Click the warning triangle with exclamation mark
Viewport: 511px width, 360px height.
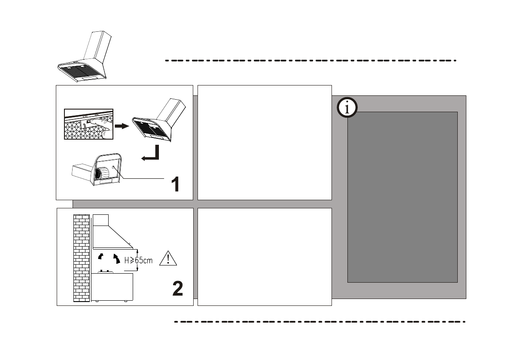coord(168,259)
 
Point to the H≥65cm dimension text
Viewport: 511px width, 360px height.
coord(138,260)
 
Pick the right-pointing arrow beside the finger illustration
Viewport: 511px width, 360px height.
coord(122,126)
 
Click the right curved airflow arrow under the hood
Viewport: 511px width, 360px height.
coord(116,259)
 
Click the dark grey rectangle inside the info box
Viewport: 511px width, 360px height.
coord(402,197)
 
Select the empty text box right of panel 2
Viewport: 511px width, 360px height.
coord(264,256)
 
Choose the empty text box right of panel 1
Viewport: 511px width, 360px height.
coord(264,142)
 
